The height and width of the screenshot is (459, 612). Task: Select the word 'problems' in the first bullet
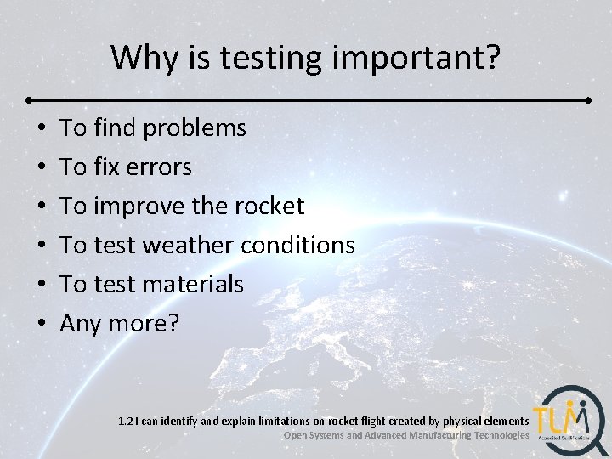point(195,128)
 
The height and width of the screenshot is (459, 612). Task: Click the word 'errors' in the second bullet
point(159,167)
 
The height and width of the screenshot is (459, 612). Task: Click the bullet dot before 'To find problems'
point(42,129)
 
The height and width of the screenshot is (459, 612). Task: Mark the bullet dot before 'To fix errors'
point(42,168)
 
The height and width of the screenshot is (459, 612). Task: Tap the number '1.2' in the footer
point(127,421)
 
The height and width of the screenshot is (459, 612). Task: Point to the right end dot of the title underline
point(589,99)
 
